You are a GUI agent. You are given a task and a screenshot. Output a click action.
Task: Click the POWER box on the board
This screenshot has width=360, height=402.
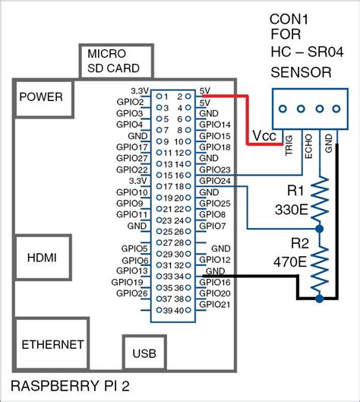coord(41,97)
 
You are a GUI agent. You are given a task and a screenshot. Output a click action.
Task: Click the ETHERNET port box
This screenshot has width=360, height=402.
coord(52,344)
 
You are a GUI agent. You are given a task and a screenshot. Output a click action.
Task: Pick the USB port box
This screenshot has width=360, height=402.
coord(145,353)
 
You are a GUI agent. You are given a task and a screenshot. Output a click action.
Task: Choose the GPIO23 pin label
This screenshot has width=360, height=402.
coord(214,169)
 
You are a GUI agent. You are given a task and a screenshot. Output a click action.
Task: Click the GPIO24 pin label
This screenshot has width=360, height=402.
coord(214,181)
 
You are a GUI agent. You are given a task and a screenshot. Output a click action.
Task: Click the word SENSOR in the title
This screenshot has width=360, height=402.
coord(302,72)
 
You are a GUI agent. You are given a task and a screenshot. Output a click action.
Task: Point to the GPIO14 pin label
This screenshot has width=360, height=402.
coord(214,124)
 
